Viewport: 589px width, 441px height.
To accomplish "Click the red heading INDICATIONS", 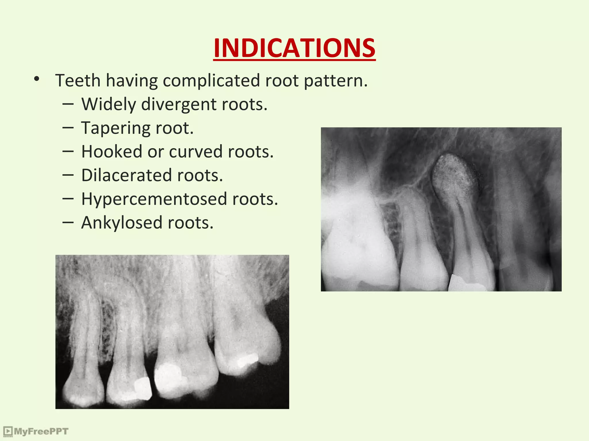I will coord(294,48).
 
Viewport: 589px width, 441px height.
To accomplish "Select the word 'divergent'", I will coord(179,105).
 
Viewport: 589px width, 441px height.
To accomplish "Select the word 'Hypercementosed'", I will coord(154,199).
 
